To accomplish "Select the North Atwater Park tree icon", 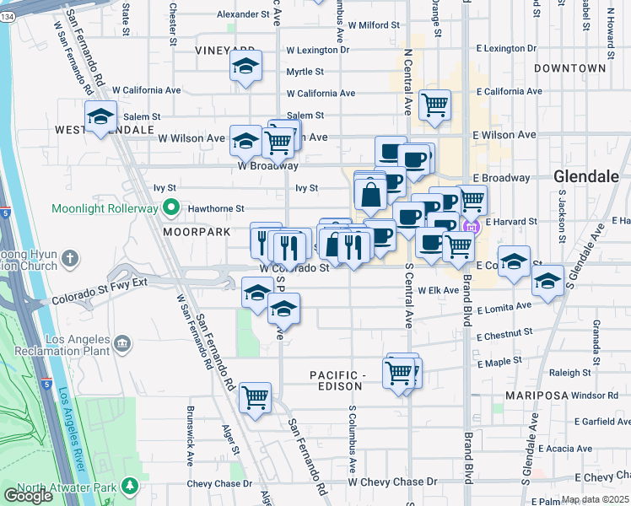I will (x=130, y=487).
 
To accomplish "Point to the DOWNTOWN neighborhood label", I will (x=569, y=67).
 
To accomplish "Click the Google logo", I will (x=28, y=496).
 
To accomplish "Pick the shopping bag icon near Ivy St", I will (x=370, y=195).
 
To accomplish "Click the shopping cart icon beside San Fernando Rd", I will (x=255, y=396).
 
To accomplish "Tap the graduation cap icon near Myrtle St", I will (x=245, y=67).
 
